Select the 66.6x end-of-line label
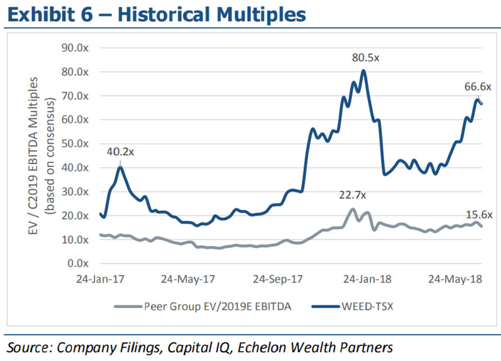[x=479, y=87]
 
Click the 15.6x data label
[x=479, y=215]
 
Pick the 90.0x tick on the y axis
[x=76, y=48]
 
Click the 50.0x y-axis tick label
[x=76, y=144]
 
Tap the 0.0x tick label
[x=78, y=264]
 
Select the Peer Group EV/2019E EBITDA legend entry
[x=218, y=306]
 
